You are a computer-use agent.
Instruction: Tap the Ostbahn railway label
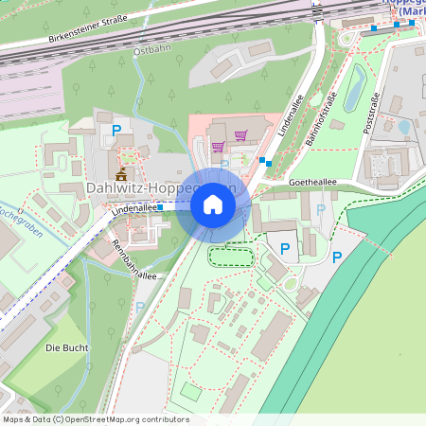[x=151, y=48]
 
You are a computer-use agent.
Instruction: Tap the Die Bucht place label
[x=67, y=347]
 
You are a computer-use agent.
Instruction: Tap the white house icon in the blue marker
[x=212, y=204]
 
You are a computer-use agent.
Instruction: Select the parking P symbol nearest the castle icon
[x=116, y=131]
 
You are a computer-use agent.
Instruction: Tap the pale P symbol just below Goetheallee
[x=320, y=209]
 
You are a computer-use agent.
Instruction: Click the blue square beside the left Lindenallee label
[x=160, y=205]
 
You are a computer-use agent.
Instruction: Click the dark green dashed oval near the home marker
[x=231, y=254]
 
